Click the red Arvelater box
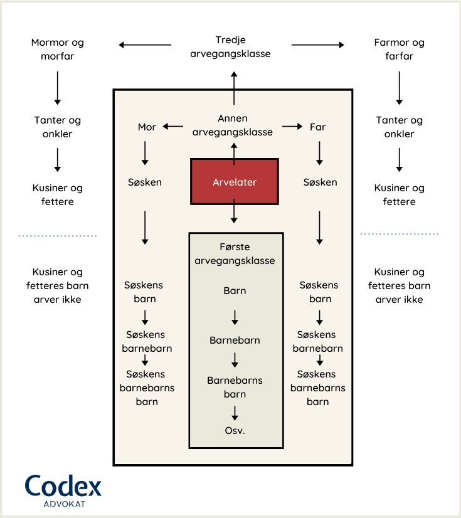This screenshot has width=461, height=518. pyautogui.click(x=235, y=182)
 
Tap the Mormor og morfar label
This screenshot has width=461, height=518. pyautogui.click(x=58, y=50)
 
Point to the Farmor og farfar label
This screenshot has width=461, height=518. pyautogui.click(x=399, y=50)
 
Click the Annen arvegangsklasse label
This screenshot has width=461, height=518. pyautogui.click(x=233, y=125)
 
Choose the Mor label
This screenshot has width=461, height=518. pyautogui.click(x=147, y=127)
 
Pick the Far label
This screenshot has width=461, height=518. pyautogui.click(x=318, y=127)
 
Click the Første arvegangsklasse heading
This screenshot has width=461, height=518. pyautogui.click(x=235, y=254)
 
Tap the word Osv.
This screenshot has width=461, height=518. pyautogui.click(x=235, y=431)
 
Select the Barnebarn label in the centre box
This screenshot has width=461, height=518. pyautogui.click(x=235, y=341)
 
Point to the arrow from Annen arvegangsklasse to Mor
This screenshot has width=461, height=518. pyautogui.click(x=173, y=127)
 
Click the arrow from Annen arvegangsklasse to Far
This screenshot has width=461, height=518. pyautogui.click(x=292, y=127)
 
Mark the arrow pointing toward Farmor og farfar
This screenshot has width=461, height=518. pyautogui.click(x=318, y=45)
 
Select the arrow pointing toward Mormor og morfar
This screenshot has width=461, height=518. pyautogui.click(x=145, y=45)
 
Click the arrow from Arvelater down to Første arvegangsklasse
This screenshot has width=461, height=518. pyautogui.click(x=234, y=211)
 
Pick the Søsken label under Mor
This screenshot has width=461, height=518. pyautogui.click(x=145, y=182)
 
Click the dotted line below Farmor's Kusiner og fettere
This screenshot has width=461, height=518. pyautogui.click(x=400, y=235)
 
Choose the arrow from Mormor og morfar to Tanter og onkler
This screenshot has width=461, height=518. pyautogui.click(x=58, y=88)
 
